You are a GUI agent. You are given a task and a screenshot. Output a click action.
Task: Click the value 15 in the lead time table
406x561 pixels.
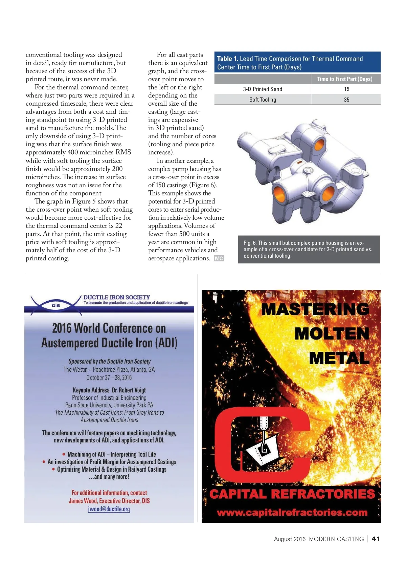(x=346, y=89)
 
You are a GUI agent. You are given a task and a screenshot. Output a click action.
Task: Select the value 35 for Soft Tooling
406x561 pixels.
(x=346, y=100)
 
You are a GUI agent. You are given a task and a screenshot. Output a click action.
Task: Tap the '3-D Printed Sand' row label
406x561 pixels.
(x=263, y=89)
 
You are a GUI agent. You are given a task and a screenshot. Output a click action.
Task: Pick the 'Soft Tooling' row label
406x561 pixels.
(x=263, y=100)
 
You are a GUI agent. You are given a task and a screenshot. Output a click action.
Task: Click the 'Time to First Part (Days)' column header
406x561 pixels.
(x=345, y=79)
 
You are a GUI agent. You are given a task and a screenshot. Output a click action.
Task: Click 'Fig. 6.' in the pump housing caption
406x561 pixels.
(x=250, y=243)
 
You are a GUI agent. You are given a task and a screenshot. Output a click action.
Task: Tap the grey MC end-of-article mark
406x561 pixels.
(x=219, y=258)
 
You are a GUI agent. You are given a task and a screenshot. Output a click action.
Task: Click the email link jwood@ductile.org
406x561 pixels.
(x=109, y=509)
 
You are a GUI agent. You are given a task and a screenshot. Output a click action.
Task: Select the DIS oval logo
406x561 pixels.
(x=56, y=305)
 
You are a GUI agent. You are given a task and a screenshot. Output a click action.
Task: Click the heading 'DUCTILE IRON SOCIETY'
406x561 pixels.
(x=117, y=297)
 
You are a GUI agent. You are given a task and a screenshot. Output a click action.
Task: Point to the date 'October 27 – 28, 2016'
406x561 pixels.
(x=109, y=377)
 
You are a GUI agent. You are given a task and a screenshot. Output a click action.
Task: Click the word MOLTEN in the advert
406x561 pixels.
(x=332, y=334)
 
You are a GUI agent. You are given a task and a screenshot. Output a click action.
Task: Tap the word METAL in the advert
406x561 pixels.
(x=339, y=358)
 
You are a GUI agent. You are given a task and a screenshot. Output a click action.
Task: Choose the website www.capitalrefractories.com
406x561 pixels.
(x=292, y=513)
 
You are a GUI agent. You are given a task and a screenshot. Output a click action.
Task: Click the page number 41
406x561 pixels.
(x=376, y=539)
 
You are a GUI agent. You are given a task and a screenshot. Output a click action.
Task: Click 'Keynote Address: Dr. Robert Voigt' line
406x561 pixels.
(x=109, y=390)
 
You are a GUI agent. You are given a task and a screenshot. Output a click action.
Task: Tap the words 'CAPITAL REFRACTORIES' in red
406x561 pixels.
(x=292, y=494)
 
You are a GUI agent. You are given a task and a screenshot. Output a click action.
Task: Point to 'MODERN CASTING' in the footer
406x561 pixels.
(x=336, y=539)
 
